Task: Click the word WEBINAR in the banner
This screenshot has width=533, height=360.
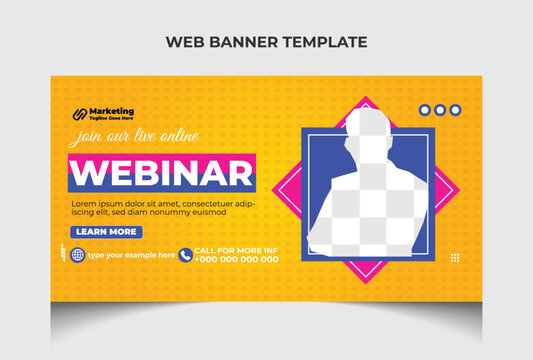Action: (x=161, y=173)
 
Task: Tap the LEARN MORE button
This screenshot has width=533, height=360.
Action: (x=106, y=232)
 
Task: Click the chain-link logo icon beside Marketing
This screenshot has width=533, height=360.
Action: (x=77, y=113)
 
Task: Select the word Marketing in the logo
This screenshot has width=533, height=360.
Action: (x=112, y=110)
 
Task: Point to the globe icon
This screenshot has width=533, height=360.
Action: (x=77, y=254)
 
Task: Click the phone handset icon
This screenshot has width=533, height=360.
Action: (x=185, y=255)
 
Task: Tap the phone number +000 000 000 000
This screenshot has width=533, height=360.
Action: (x=236, y=259)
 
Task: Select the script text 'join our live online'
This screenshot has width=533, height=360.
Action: (x=134, y=137)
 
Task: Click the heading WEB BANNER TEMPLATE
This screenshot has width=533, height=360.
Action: (x=266, y=42)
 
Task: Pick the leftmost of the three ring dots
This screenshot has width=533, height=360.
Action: (x=425, y=111)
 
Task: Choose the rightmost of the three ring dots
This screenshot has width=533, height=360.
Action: (x=455, y=111)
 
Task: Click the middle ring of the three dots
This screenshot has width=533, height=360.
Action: (x=440, y=111)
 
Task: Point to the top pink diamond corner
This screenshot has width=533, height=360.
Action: (x=365, y=100)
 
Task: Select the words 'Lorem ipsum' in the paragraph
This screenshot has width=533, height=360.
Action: (x=92, y=203)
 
